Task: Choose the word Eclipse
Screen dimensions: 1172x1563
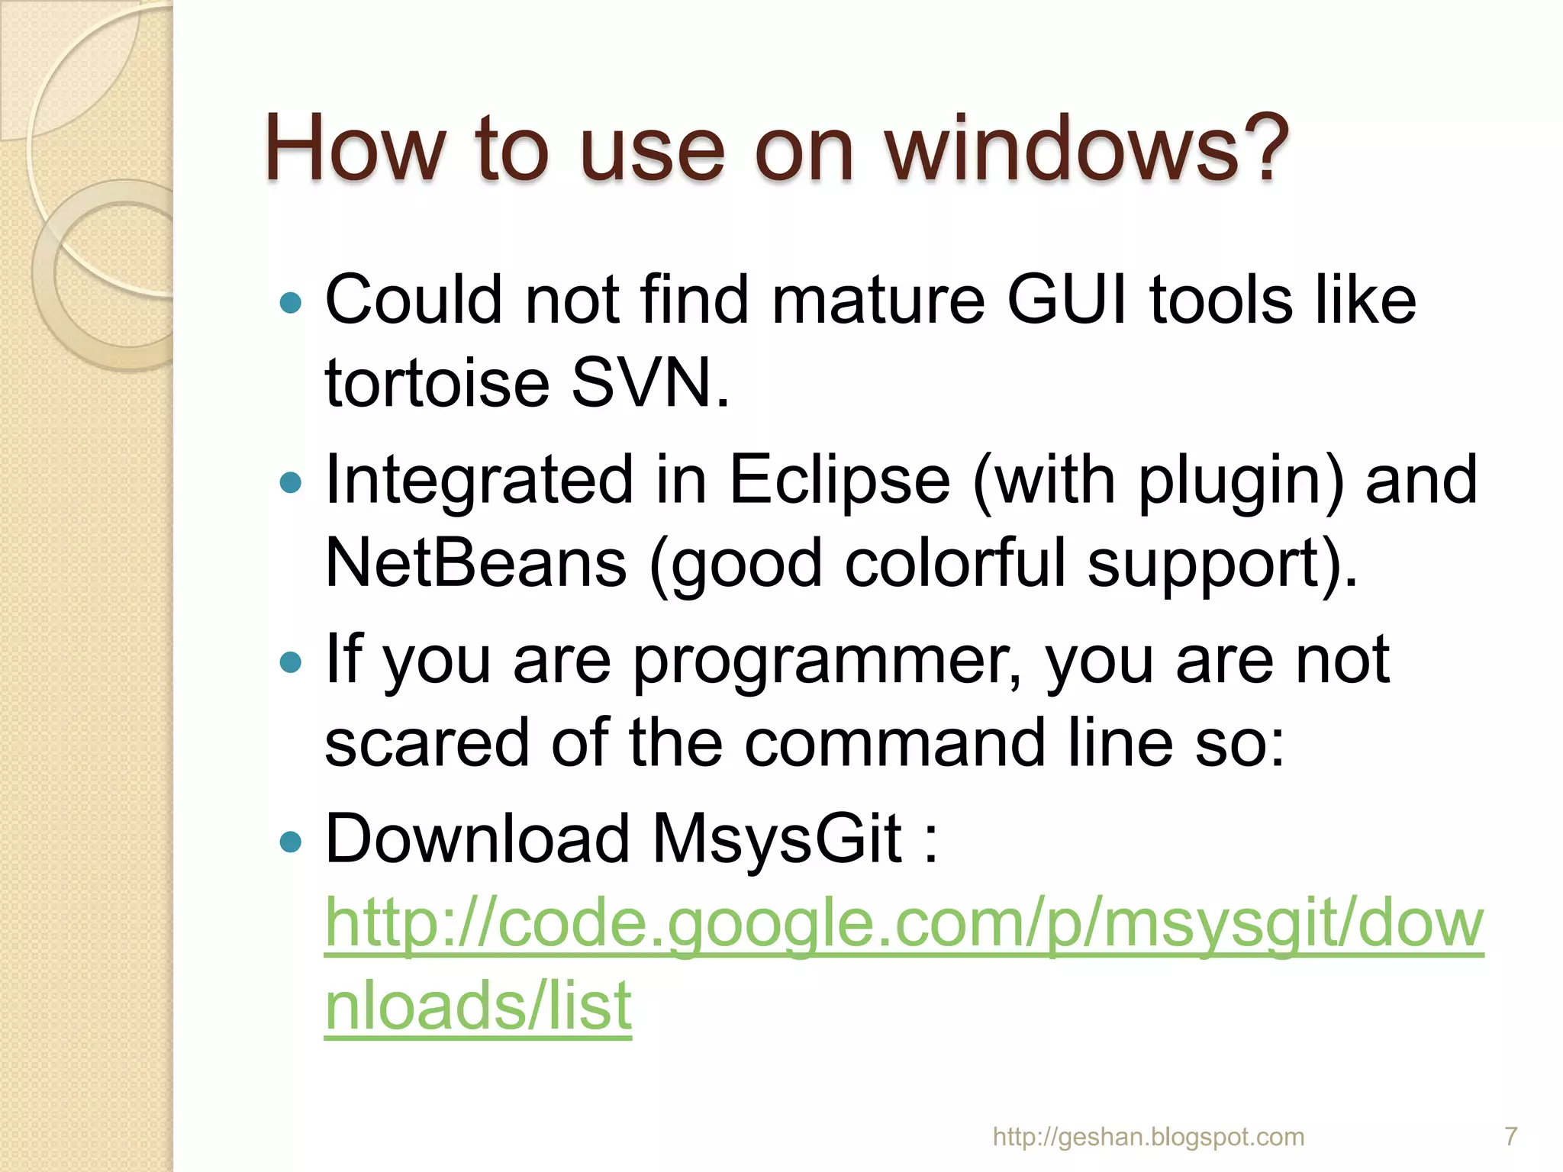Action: (840, 481)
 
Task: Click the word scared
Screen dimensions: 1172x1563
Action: (427, 743)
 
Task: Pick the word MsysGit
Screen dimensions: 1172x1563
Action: (777, 840)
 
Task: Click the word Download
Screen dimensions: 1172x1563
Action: (477, 840)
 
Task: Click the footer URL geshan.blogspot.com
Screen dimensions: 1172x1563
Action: (1148, 1137)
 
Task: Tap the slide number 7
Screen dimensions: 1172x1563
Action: (1510, 1137)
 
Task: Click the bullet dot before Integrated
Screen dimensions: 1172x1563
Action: (291, 482)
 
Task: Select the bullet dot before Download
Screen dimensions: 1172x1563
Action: (291, 842)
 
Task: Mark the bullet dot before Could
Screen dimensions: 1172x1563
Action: (291, 303)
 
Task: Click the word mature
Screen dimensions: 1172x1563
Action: (878, 300)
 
